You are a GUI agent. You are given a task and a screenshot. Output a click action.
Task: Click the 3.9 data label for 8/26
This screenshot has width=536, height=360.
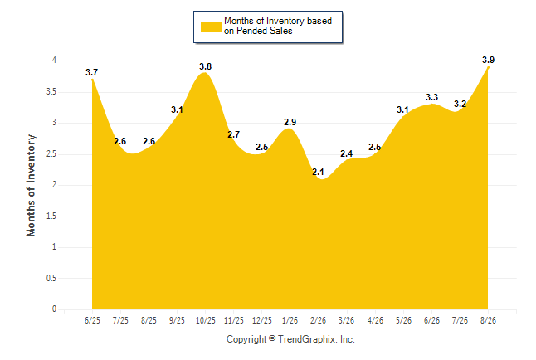[488, 60]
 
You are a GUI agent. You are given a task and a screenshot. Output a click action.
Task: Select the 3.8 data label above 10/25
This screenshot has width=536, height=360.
[206, 66]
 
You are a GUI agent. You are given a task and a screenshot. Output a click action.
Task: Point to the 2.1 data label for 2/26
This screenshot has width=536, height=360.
[318, 172]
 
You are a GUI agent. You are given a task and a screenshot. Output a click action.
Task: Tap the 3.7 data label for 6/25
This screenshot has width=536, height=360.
[91, 72]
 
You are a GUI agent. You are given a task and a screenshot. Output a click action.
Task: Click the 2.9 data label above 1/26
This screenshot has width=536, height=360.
[290, 122]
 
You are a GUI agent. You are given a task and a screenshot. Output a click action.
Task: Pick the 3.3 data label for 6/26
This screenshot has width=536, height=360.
[431, 97]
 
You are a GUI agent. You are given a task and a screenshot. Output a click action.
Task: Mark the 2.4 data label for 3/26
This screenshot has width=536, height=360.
[346, 153]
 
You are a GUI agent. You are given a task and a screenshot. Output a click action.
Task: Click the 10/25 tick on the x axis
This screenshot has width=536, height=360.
[206, 320]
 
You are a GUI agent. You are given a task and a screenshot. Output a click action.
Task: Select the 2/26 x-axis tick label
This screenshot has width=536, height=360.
[318, 320]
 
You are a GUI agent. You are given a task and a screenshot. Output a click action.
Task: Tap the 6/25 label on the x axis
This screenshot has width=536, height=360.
[92, 320]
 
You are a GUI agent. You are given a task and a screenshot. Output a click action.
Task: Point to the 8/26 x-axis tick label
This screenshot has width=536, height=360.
[488, 320]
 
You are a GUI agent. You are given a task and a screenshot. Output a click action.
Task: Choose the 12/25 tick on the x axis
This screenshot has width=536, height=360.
[262, 320]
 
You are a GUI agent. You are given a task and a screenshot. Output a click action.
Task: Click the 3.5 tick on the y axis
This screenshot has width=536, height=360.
[51, 91]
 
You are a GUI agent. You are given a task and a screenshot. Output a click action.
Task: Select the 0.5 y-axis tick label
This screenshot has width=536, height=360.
[51, 278]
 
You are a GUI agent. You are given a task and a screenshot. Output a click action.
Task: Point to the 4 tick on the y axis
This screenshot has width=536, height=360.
[54, 61]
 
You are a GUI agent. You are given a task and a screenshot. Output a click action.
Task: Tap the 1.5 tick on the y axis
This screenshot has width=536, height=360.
[51, 216]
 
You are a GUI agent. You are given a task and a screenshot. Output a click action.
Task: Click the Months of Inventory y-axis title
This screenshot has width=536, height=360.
[31, 185]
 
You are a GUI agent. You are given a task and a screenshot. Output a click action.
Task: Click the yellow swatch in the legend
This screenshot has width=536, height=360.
[211, 27]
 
